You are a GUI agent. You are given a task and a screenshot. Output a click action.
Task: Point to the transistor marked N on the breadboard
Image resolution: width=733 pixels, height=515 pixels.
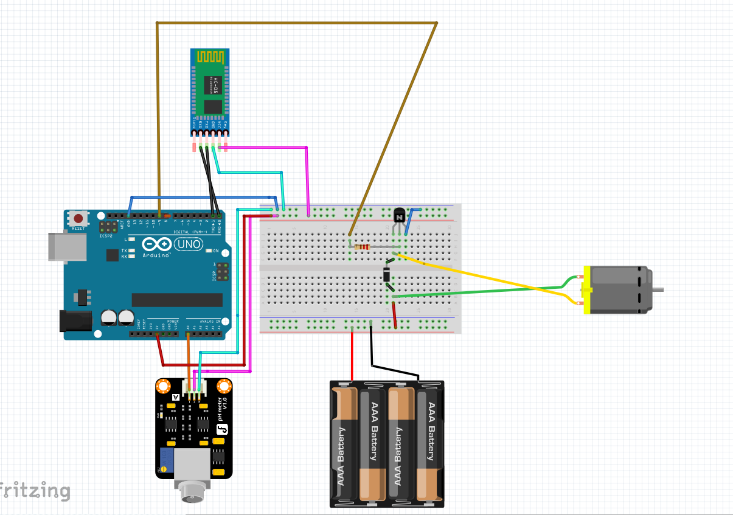pos(399,216)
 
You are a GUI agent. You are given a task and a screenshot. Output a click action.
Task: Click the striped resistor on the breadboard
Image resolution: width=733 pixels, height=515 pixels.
pos(363,247)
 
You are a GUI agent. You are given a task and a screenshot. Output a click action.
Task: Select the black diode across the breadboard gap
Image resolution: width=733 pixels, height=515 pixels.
pos(387,275)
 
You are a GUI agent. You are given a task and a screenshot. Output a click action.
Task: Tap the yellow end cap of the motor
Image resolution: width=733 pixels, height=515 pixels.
pos(586,290)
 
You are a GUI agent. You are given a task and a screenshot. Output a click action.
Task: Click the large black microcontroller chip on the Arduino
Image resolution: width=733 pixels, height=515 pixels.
pos(177,300)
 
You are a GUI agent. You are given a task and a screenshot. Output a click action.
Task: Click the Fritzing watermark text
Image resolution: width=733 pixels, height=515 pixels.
pos(35,490)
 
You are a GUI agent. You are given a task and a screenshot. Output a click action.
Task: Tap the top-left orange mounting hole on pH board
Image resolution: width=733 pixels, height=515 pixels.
pos(163,386)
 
